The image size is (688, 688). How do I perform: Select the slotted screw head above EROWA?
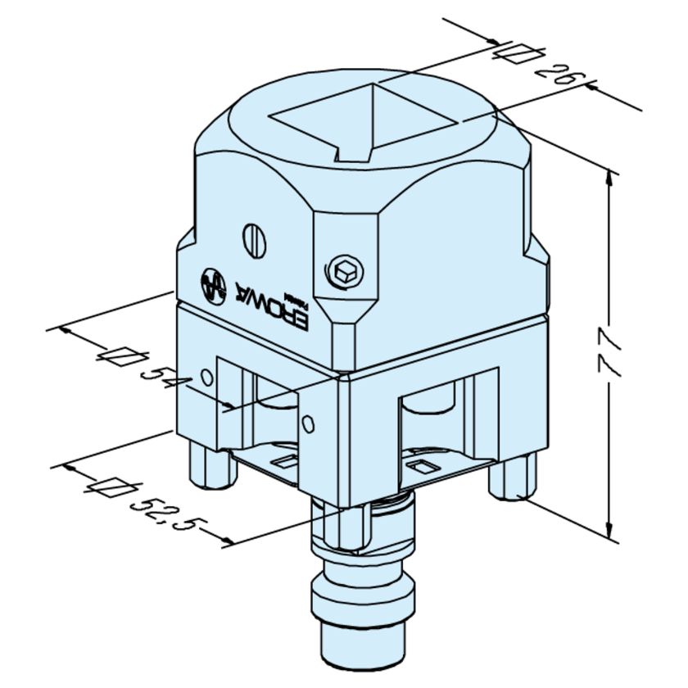pyautogui.click(x=254, y=238)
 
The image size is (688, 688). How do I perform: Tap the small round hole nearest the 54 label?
pyautogui.click(x=206, y=376)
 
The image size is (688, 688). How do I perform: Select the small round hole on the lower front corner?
pyautogui.click(x=307, y=423)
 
